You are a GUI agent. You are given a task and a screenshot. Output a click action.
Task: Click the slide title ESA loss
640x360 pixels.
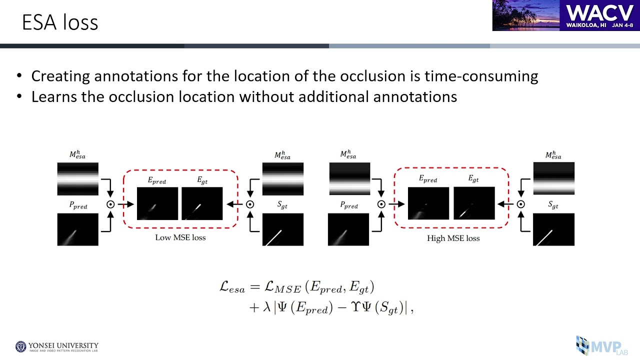click(60, 22)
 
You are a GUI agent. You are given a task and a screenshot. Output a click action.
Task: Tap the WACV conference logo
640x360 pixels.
click(565, 15)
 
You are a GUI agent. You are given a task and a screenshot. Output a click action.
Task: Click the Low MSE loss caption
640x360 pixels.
click(180, 237)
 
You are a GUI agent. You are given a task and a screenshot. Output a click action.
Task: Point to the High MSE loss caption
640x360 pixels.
click(453, 238)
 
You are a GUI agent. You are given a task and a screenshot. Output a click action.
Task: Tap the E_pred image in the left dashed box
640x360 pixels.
click(157, 203)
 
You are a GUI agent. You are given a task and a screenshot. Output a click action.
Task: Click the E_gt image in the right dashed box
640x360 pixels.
click(474, 203)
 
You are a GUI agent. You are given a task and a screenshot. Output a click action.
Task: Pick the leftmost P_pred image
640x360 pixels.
click(77, 229)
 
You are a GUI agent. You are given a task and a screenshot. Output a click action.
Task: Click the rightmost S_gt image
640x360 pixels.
click(553, 229)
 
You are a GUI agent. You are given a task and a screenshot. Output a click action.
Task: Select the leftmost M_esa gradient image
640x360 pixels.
click(77, 178)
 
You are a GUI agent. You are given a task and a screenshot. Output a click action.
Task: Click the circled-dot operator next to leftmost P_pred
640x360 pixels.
click(110, 204)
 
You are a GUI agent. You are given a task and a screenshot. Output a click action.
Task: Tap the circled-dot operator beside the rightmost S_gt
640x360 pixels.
click(520, 204)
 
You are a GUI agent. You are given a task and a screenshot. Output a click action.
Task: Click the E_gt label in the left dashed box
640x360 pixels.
click(202, 180)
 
